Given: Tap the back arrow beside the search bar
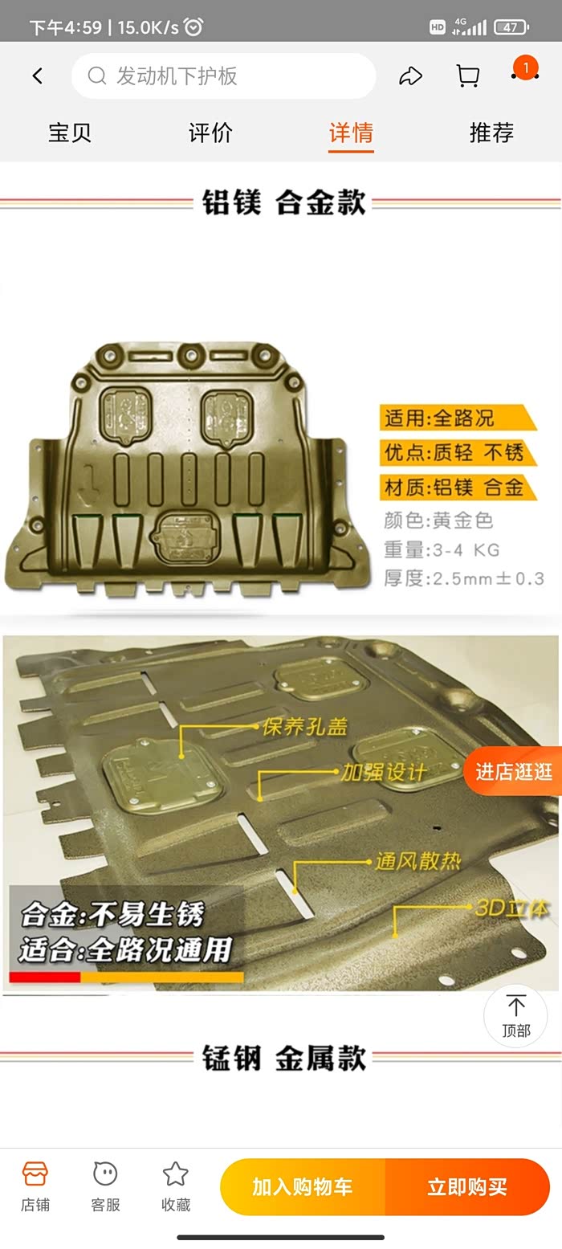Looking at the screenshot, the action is [x=38, y=76].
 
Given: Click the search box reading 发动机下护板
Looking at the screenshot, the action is [x=223, y=76].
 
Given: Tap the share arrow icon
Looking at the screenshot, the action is [x=410, y=76].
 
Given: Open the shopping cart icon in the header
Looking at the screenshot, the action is [x=467, y=76].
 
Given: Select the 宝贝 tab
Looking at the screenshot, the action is [x=70, y=133].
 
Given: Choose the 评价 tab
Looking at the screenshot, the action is [x=210, y=133].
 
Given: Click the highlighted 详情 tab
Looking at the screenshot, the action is [x=351, y=133].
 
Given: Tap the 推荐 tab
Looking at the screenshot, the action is [x=491, y=133].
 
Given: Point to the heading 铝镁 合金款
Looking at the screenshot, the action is [x=283, y=202].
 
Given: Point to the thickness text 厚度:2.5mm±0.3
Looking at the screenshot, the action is [x=464, y=578].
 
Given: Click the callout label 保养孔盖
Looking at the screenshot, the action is [x=304, y=727].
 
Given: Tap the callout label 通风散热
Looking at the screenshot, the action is [x=417, y=862].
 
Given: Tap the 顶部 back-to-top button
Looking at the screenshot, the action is [x=515, y=1016].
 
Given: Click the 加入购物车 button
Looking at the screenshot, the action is [x=303, y=1186].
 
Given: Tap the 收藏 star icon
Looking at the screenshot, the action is [x=175, y=1173].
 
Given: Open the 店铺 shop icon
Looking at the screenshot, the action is [x=35, y=1173].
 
